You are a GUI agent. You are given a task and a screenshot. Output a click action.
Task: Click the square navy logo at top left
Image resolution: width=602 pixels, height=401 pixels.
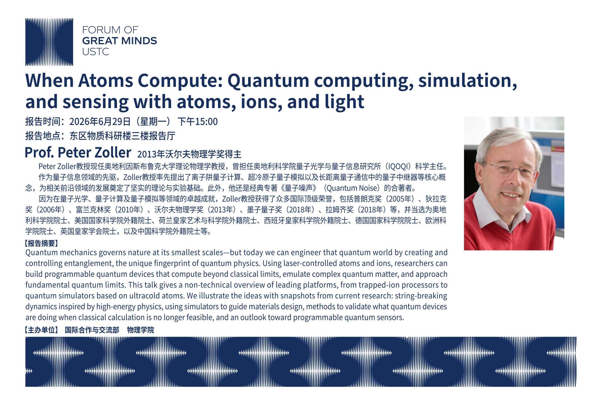pos(49,42)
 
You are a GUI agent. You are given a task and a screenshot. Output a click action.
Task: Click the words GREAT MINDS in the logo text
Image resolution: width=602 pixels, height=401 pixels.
pos(120,41)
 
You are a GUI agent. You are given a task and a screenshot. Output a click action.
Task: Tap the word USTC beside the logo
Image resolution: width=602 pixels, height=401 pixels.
pos(96,52)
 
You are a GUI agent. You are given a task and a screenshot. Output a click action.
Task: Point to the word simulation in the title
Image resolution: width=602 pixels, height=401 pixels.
pos(467,80)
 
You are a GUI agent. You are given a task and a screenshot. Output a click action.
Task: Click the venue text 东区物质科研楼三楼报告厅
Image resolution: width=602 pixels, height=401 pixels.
pos(122,136)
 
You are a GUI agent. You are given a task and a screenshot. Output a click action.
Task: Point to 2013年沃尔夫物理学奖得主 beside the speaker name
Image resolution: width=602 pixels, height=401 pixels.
pos(189,154)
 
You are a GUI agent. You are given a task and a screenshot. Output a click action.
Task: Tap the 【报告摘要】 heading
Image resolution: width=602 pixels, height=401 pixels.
pos(41,243)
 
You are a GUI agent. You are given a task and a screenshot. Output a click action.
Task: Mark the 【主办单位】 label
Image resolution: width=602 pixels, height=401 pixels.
pos(41,330)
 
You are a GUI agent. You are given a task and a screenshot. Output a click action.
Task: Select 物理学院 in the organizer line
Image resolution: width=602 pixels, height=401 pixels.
pos(141,330)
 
